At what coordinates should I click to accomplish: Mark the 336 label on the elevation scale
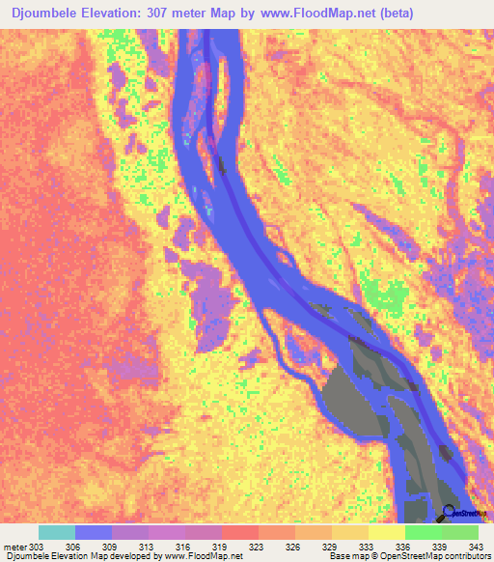pos(405,547)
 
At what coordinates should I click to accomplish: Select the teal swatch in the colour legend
pos(57,532)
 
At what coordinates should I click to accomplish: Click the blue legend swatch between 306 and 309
pos(94,532)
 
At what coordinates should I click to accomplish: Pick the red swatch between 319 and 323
pos(240,532)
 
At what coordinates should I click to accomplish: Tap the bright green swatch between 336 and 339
pos(424,532)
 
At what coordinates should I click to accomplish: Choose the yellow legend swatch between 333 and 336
pos(387,532)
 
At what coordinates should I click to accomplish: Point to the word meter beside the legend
pos(15,547)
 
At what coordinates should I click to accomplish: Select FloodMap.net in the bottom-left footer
pos(213,556)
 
